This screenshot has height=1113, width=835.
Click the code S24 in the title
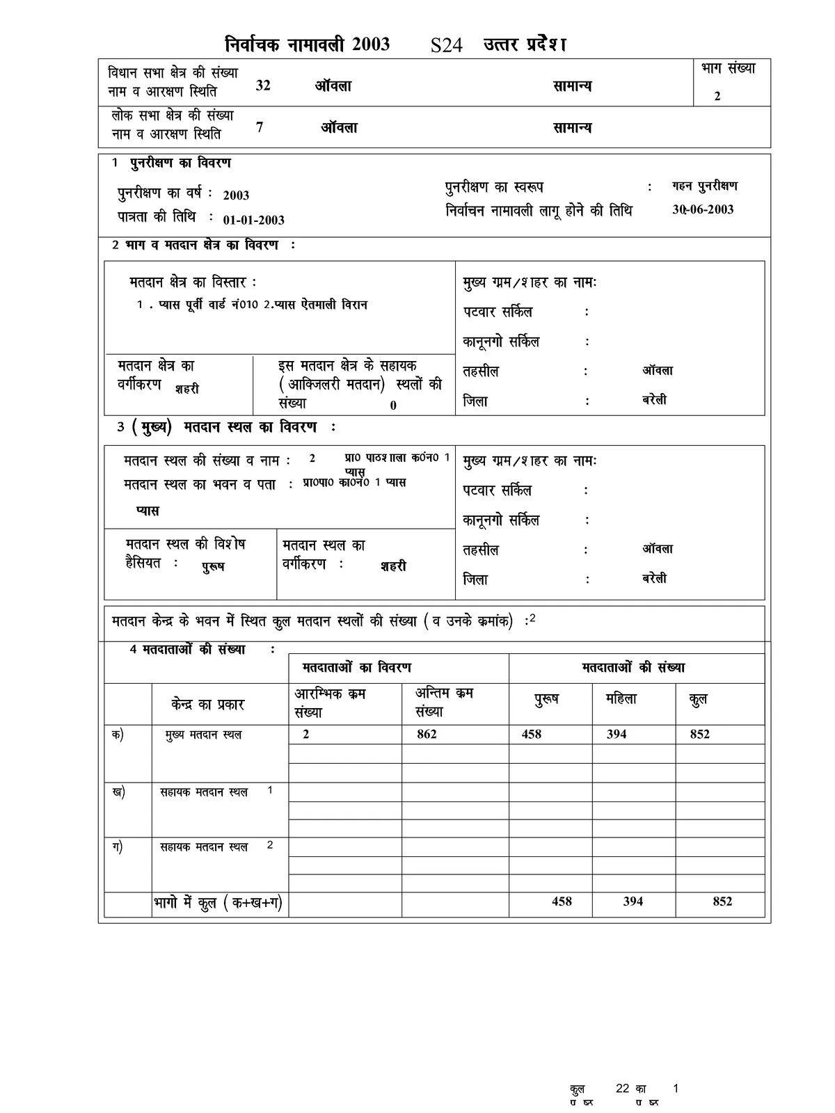click(446, 46)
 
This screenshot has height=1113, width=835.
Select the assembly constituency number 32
click(263, 86)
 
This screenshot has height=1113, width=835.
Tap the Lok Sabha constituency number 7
click(260, 127)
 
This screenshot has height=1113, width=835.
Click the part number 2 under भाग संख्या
click(717, 96)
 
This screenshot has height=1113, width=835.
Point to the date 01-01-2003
click(253, 220)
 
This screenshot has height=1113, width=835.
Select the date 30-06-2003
click(703, 209)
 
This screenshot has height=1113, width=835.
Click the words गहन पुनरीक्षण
click(704, 186)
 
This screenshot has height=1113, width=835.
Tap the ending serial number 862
click(427, 734)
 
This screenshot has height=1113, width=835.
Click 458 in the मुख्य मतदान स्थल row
click(531, 734)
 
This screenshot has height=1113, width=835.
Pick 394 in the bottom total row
click(633, 901)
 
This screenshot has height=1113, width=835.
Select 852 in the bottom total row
click(722, 901)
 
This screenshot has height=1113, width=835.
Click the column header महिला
click(621, 699)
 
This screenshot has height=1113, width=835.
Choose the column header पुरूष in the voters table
click(546, 699)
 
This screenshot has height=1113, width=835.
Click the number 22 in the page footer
click(623, 1089)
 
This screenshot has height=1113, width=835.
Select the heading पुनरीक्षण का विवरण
click(180, 163)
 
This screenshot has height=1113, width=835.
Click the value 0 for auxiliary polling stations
click(393, 406)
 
